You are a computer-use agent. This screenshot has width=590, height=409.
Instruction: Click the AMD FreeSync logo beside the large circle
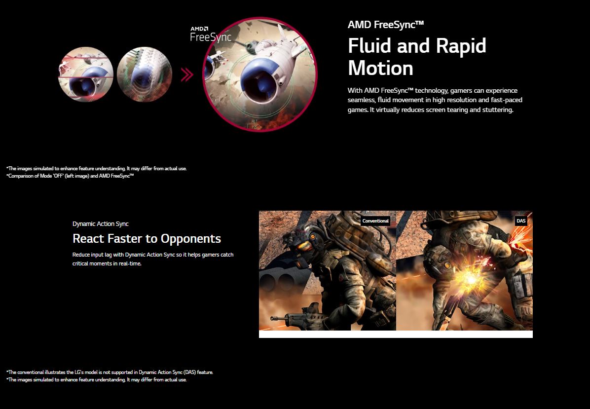(x=210, y=34)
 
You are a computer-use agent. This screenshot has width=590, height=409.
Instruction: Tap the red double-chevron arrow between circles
(x=187, y=74)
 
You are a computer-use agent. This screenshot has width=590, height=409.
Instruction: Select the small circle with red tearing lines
(x=86, y=74)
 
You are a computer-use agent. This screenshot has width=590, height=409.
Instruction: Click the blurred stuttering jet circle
(x=145, y=74)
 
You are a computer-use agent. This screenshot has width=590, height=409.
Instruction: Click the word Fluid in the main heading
(x=369, y=45)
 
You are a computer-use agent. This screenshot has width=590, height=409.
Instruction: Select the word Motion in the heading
(x=380, y=68)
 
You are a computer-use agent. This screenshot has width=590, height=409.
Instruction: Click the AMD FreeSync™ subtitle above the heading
(x=386, y=25)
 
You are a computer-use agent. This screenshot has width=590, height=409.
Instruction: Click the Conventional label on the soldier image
(x=375, y=221)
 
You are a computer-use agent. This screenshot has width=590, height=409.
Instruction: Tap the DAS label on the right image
(x=521, y=221)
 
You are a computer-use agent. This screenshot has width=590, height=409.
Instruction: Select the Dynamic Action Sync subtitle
(x=101, y=224)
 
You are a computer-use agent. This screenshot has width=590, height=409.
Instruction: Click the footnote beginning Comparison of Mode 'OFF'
(x=70, y=176)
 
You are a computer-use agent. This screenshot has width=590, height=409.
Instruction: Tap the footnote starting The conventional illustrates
(x=110, y=372)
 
